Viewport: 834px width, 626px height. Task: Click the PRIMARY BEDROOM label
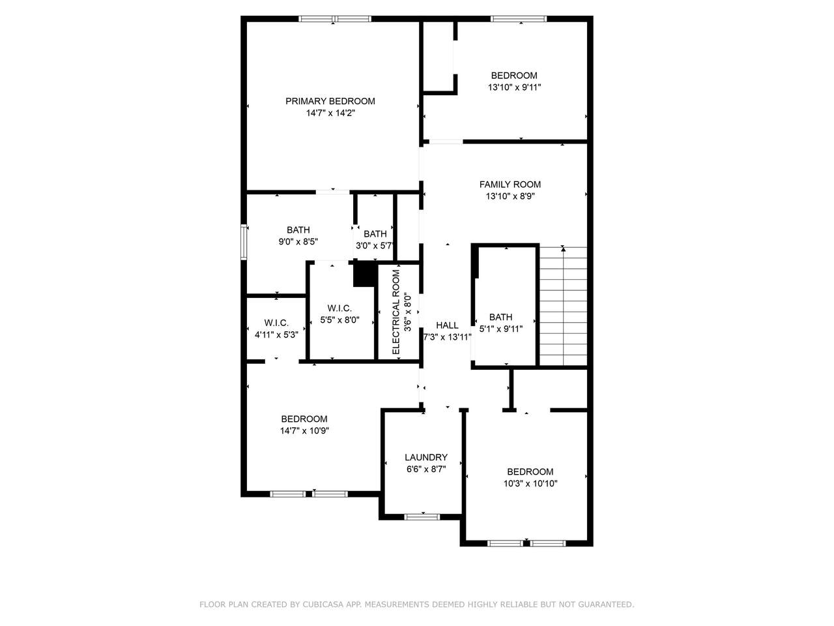(330, 101)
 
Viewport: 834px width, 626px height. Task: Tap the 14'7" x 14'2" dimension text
(330, 113)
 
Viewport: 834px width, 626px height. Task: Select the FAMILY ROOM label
(510, 185)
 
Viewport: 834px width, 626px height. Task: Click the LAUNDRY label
(425, 457)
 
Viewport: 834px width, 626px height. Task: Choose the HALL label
(447, 325)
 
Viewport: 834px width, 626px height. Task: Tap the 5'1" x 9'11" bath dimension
(501, 329)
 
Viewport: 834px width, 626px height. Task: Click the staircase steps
(563, 306)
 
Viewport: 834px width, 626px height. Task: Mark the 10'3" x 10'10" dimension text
(530, 483)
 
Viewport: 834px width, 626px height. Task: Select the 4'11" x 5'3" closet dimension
(276, 335)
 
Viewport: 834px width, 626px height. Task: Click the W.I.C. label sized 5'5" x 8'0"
(339, 308)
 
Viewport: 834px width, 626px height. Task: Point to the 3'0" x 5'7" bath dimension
(374, 246)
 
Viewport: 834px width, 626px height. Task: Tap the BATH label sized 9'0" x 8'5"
(298, 230)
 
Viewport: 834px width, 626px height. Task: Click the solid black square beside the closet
(365, 275)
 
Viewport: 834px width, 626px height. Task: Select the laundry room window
(422, 517)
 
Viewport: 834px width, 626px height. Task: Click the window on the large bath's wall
(244, 242)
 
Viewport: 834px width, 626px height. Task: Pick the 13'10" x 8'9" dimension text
(510, 196)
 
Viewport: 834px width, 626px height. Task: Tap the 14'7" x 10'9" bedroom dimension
(304, 430)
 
